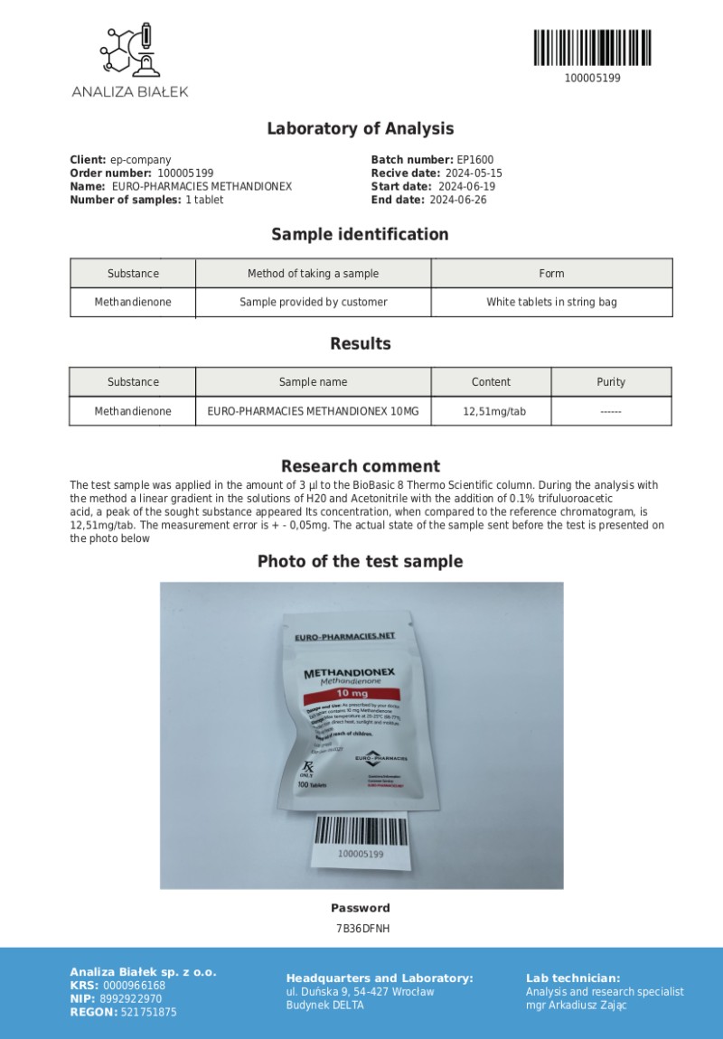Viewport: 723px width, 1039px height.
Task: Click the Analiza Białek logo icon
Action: (130, 51)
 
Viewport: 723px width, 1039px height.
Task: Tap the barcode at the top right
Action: (592, 47)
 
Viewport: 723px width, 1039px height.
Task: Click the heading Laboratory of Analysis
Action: (360, 129)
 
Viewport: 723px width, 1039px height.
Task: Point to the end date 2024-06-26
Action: (457, 201)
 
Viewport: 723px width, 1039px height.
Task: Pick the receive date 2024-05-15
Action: (473, 173)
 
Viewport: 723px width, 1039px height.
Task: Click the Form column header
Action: (551, 274)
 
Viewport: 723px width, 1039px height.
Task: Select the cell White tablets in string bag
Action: (551, 302)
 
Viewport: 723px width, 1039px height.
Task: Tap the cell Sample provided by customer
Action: (313, 302)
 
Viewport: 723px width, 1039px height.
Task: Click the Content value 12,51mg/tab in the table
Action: (494, 411)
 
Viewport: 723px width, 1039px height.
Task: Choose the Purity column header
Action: (611, 382)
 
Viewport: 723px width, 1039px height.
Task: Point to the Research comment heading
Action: (360, 466)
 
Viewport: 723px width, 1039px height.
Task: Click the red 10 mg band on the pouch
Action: (346, 694)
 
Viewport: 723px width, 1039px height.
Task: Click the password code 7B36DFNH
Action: (361, 928)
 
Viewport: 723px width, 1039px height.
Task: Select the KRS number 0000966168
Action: (134, 986)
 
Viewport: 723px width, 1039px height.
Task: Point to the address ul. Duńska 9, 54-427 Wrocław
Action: (360, 992)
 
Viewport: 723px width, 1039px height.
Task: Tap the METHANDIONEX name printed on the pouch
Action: (349, 674)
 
